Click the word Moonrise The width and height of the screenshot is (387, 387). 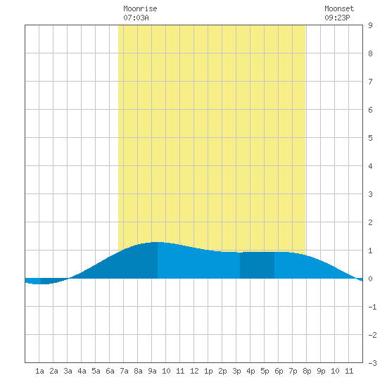(140, 8)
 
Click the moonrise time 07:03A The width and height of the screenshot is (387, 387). (136, 18)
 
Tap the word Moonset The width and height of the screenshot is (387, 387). (339, 8)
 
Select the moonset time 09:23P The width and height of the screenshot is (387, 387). (337, 18)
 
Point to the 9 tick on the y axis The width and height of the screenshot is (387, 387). (370, 25)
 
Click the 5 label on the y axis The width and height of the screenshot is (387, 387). (370, 138)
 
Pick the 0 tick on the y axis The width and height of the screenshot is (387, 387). (370, 279)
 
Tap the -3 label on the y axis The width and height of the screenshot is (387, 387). (372, 363)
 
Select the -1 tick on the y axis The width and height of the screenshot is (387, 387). (372, 307)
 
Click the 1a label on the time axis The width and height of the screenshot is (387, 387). (39, 371)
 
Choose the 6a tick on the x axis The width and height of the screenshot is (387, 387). (110, 371)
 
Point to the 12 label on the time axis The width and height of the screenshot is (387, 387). (194, 371)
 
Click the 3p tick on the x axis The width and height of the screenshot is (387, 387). (236, 371)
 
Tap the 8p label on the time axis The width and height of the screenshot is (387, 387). (307, 371)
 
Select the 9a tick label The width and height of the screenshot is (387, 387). (152, 371)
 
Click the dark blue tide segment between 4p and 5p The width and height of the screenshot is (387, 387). (257, 265)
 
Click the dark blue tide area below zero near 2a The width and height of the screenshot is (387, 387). (53, 281)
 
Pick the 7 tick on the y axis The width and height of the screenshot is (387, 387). (370, 82)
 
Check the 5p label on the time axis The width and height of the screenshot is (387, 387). (265, 371)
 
